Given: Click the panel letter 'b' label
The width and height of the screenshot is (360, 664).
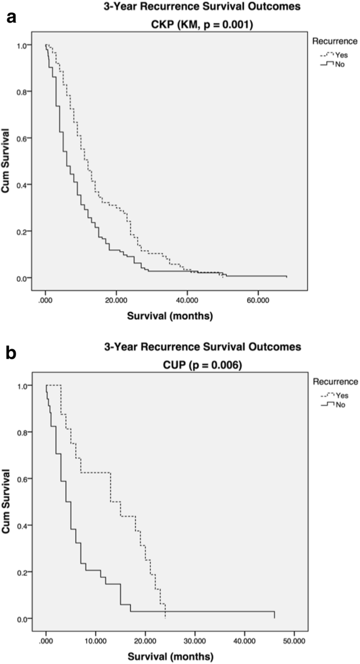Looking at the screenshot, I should tap(11, 353).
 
